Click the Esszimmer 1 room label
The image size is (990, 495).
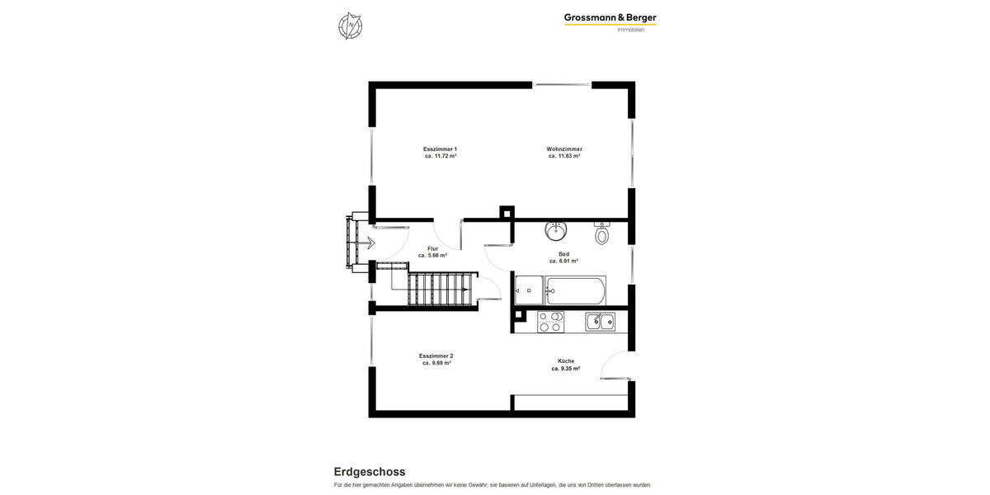440,149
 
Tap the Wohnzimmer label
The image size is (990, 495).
564,149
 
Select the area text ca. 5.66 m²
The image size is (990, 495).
432,256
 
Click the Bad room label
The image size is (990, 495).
563,254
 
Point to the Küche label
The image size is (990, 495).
565,361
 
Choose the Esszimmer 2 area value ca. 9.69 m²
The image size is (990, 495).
436,363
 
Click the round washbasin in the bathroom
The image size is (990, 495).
555,229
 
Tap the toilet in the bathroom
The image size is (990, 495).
601,234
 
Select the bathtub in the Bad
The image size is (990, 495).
575,290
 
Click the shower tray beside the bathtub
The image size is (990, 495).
529,290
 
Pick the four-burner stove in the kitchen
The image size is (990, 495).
550,322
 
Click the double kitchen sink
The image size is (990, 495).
600,322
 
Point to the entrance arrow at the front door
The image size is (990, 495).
370,243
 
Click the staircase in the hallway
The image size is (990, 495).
441,290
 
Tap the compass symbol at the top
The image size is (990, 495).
350,26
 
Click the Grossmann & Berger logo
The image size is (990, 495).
610,18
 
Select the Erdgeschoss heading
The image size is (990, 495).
369,472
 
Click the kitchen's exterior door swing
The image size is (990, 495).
615,365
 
